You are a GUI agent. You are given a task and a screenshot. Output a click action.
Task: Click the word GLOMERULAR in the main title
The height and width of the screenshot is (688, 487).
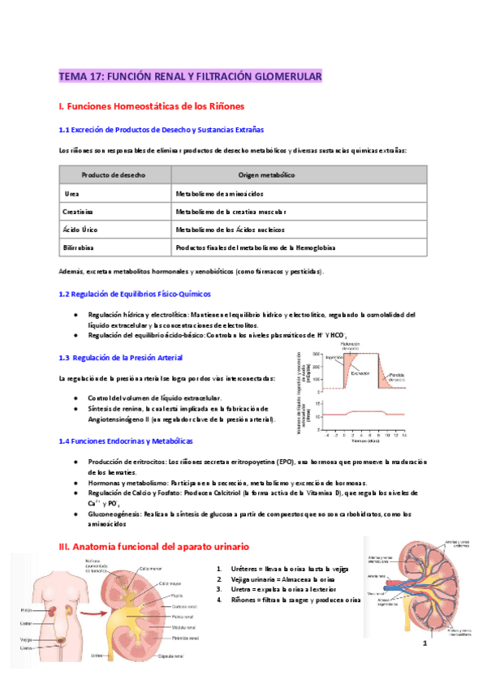(282, 76)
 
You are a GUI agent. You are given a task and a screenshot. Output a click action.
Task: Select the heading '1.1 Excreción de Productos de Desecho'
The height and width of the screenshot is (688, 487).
(161, 130)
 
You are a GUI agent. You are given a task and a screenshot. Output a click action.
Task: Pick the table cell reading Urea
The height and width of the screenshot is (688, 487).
(71, 194)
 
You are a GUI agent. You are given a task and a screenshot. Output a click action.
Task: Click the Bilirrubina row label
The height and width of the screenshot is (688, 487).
(80, 247)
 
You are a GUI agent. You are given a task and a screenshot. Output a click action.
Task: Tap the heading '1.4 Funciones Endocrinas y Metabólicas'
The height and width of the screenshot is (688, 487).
(126, 441)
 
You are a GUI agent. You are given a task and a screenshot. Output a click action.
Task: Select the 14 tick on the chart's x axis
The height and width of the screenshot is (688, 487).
(403, 436)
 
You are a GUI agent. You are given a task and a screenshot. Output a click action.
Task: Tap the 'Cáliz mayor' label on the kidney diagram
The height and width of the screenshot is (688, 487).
(170, 583)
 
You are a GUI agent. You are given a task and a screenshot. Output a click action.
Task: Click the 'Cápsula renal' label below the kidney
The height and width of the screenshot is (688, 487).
(175, 656)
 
